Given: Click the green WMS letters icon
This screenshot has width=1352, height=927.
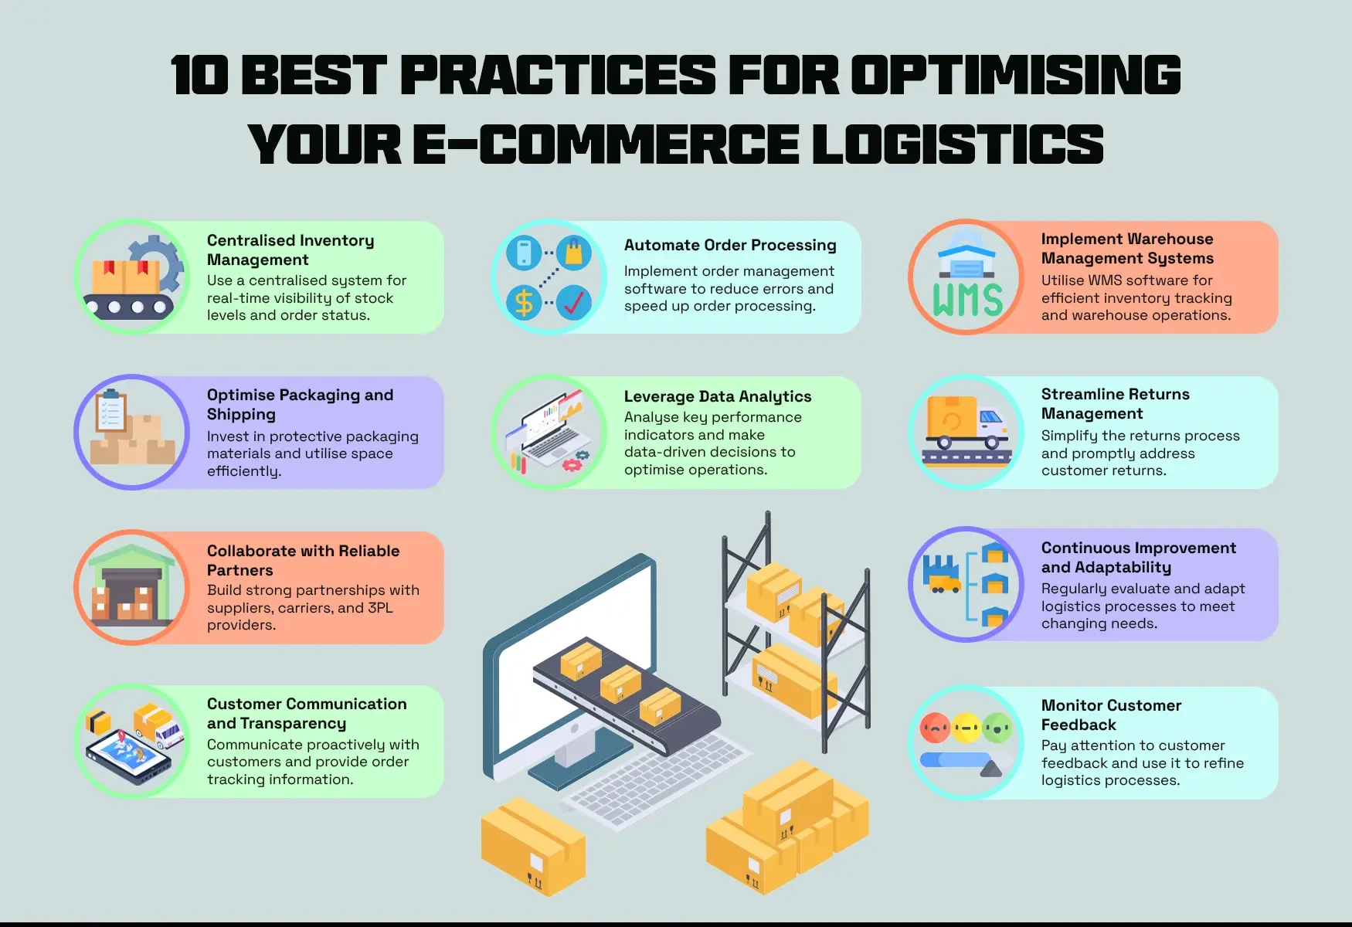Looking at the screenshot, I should pos(967,300).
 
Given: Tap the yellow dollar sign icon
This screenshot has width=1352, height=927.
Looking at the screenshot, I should pos(524,303).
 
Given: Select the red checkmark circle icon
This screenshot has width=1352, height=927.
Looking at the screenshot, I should pos(573,303).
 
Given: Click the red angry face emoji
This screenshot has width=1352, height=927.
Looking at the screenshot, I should pos(935,727).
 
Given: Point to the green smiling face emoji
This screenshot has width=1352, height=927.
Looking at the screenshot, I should pos(997,727).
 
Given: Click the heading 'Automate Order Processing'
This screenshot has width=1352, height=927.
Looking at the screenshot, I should pos(730,245).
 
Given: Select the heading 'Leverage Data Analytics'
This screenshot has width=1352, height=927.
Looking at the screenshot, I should pos(718,396).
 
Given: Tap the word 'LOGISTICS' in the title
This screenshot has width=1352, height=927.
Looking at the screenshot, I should pos(958,144).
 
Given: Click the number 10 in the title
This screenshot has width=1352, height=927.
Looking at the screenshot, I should pos(199,76).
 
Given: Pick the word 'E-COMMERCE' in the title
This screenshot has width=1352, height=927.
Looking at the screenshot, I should pos(606,144).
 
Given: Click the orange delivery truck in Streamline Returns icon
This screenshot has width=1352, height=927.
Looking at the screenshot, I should pos(966,423).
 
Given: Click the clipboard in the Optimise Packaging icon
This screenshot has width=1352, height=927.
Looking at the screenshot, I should pos(110,410).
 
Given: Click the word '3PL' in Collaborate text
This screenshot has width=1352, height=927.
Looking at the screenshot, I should pos(380,608).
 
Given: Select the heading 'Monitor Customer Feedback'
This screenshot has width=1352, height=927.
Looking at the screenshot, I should pos(1111,715).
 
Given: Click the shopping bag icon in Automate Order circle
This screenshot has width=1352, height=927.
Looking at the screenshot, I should pos(573,253).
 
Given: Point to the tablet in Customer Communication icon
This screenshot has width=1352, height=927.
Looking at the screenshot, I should pos(128,756).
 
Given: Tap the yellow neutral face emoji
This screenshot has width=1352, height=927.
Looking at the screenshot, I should pos(966,727).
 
